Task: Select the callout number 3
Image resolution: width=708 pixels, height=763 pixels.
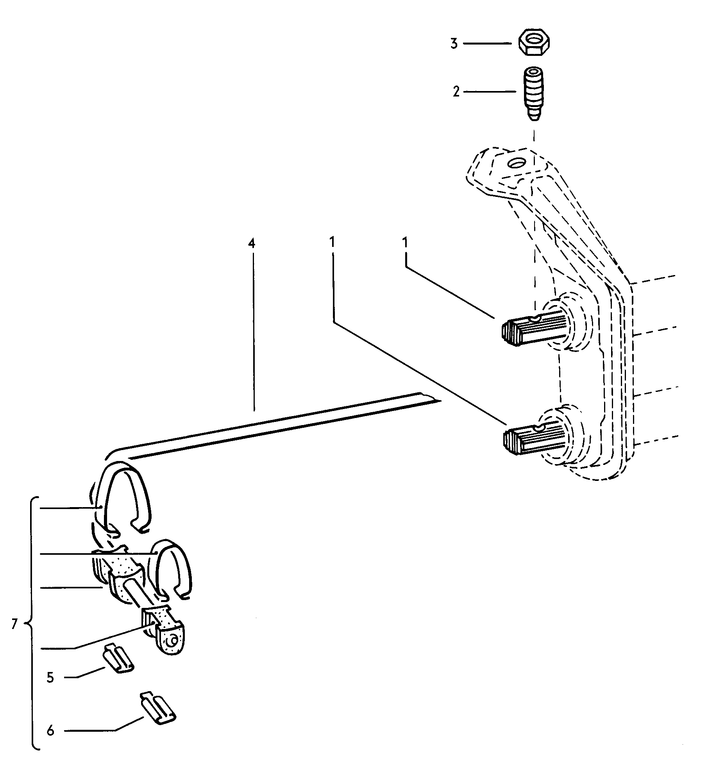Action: (x=454, y=44)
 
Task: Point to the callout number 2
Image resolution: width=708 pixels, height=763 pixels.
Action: (x=456, y=93)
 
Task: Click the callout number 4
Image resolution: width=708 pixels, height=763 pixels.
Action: (x=251, y=243)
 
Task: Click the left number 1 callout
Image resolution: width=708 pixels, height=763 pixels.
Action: (x=332, y=243)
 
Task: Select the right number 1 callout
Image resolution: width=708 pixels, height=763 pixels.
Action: (x=405, y=243)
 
